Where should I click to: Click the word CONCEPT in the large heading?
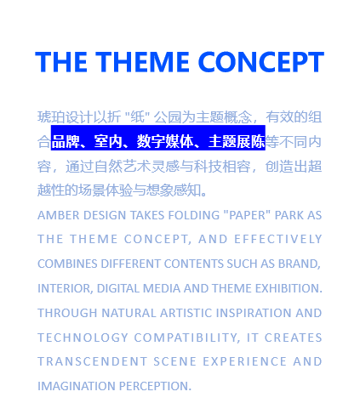pos(261,62)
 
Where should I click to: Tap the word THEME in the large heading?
pos(142,62)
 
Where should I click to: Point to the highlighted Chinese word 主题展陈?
pos(237,141)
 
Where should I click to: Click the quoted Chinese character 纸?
pos(138,117)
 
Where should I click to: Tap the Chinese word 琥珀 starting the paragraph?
pos(51,117)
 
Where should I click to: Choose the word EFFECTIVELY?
pos(278,239)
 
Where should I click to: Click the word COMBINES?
pos(67,264)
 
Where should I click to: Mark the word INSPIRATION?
pos(254,313)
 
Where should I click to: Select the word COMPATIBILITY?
pos(186,338)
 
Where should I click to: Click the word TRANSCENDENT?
pos(93,361)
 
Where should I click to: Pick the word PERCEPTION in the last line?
pos(155,386)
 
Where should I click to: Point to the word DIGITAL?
pos(118,288)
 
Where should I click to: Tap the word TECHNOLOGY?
pos(83,338)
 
